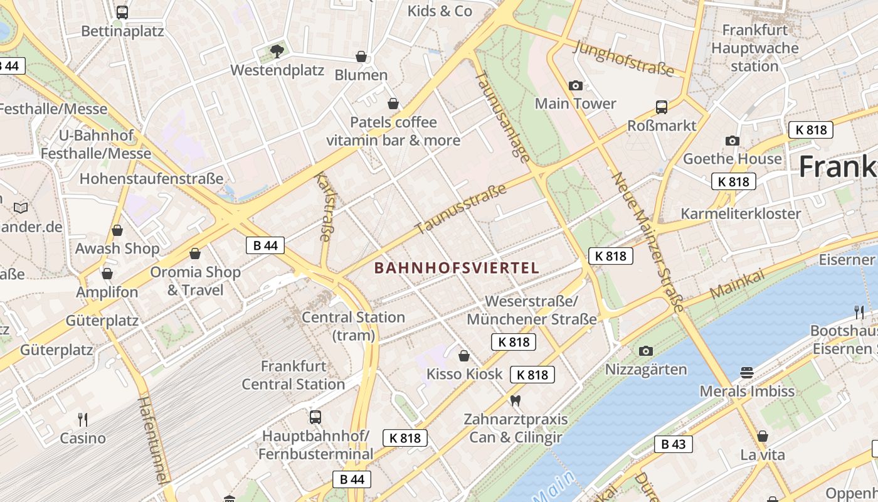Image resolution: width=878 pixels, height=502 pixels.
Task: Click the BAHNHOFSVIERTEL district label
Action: point(457,268)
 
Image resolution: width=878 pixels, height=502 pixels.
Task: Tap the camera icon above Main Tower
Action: point(575,85)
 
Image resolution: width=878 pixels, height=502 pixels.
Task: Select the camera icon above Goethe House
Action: point(732,141)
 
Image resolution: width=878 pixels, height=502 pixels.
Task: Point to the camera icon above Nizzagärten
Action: point(645,351)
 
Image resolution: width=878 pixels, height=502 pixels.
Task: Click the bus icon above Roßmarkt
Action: point(662,107)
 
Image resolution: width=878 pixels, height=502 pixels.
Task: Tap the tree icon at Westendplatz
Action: point(277,51)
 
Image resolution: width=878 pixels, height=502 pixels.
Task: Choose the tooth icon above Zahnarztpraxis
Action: point(516,400)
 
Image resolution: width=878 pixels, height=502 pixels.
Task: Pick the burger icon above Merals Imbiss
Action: point(746,373)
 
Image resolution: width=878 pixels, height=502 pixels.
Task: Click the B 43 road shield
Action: point(674,444)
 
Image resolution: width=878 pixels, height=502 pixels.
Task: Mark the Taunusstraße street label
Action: point(461,208)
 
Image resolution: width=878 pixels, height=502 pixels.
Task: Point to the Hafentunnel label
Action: point(154,439)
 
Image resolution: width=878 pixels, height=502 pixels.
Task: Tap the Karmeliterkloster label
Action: point(741,213)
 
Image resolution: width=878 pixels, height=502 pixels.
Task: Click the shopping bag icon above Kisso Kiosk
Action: point(464,356)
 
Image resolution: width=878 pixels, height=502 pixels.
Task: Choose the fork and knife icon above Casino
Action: point(82,419)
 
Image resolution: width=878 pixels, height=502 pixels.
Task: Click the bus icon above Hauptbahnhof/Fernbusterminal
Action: point(315,417)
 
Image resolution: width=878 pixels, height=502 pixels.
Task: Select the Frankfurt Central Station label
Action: point(294,375)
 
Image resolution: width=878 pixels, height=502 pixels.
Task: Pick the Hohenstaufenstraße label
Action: point(151,179)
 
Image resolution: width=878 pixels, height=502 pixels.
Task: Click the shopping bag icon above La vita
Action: point(763,435)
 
